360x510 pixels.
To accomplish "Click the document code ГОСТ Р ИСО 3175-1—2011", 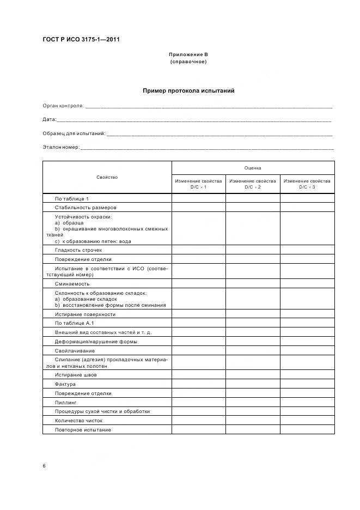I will pos(81,39).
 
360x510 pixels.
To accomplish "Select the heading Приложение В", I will pos(188,54).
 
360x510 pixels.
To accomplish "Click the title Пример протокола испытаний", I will pos(188,90).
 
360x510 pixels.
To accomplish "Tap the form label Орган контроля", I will pos(63,106).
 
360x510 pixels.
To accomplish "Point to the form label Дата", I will pos(49,119).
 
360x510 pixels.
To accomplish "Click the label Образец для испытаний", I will pos(74,133).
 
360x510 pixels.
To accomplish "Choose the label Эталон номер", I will pos(61,147).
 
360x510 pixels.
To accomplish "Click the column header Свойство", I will pos(107,177).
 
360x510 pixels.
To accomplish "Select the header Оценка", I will pos(253,168).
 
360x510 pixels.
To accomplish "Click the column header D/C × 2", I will pos(253,184).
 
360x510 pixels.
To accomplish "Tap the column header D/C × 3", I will pos(307,184).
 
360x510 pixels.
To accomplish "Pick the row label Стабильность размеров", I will pos(86,208).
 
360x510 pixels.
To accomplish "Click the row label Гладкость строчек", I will pos(78,250).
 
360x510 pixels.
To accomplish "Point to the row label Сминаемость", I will pos(72,283).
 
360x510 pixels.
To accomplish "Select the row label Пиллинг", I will pos(66,402).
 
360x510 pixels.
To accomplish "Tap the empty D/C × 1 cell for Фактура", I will pos(199,384).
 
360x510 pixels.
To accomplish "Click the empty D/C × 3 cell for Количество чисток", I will pos(307,421).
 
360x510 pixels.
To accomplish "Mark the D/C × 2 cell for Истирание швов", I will pos(253,375).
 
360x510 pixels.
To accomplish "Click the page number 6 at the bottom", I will pos(44,466).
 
